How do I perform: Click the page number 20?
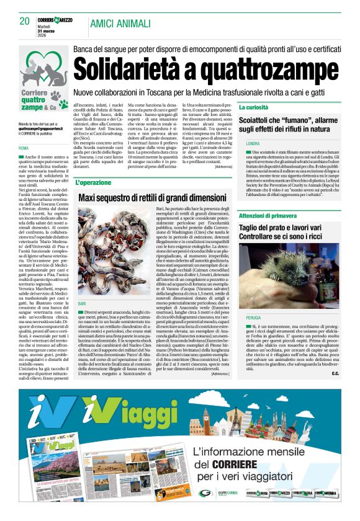click(24, 21)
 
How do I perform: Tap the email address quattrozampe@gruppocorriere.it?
click(39, 128)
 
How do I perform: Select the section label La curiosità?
click(254, 108)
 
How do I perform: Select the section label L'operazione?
click(94, 183)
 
